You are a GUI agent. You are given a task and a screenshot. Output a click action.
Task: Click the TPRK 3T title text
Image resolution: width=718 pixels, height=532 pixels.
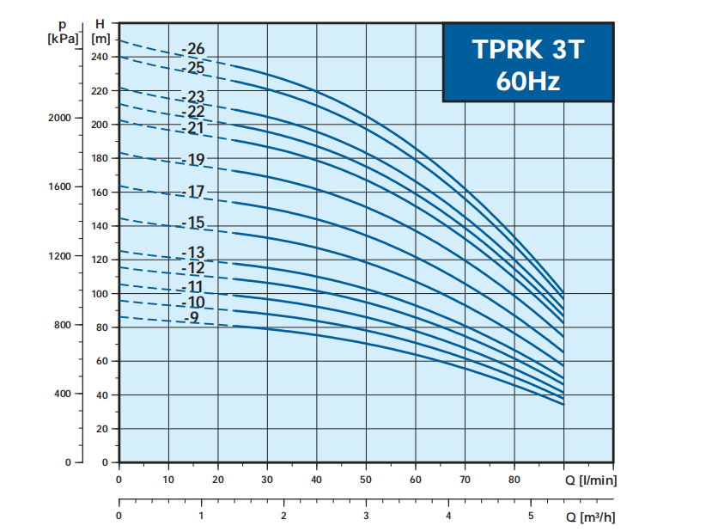[x=527, y=49]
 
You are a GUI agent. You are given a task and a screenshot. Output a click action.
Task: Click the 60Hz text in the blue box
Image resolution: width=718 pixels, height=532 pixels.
[x=527, y=82]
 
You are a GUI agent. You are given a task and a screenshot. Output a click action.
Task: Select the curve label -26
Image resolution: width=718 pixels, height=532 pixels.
[x=194, y=49]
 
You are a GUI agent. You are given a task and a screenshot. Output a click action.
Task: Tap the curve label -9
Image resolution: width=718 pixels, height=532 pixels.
[x=192, y=318]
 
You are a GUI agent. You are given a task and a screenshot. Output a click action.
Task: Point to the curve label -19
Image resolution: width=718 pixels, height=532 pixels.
[x=194, y=159]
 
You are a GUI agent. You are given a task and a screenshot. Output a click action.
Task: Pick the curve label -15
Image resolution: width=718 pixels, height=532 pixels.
[x=194, y=223]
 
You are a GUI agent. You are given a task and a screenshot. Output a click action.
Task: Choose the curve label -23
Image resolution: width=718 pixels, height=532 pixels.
[x=194, y=97]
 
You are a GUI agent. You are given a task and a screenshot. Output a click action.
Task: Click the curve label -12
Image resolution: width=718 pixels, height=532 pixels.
[x=194, y=268]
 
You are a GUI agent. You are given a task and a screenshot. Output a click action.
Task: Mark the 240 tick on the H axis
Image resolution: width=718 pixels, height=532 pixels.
[x=100, y=57]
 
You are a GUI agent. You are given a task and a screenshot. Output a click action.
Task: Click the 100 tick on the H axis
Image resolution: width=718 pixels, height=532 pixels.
[x=100, y=294]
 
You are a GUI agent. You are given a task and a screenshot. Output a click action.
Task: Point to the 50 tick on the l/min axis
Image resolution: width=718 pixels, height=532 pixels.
[x=366, y=480]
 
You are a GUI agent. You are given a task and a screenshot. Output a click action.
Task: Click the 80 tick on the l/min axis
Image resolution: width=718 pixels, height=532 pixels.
[x=514, y=480]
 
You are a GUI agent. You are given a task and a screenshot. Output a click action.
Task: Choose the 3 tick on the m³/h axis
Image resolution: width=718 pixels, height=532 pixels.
[x=366, y=516]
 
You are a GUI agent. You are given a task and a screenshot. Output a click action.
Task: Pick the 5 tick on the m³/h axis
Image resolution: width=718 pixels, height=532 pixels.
[x=531, y=516]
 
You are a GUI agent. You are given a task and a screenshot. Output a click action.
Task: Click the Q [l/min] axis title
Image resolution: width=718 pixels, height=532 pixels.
[x=591, y=480]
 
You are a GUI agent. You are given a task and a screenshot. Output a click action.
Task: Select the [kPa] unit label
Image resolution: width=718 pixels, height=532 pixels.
[x=64, y=39]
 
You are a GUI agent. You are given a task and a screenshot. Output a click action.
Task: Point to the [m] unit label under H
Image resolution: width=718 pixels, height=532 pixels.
[x=100, y=39]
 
